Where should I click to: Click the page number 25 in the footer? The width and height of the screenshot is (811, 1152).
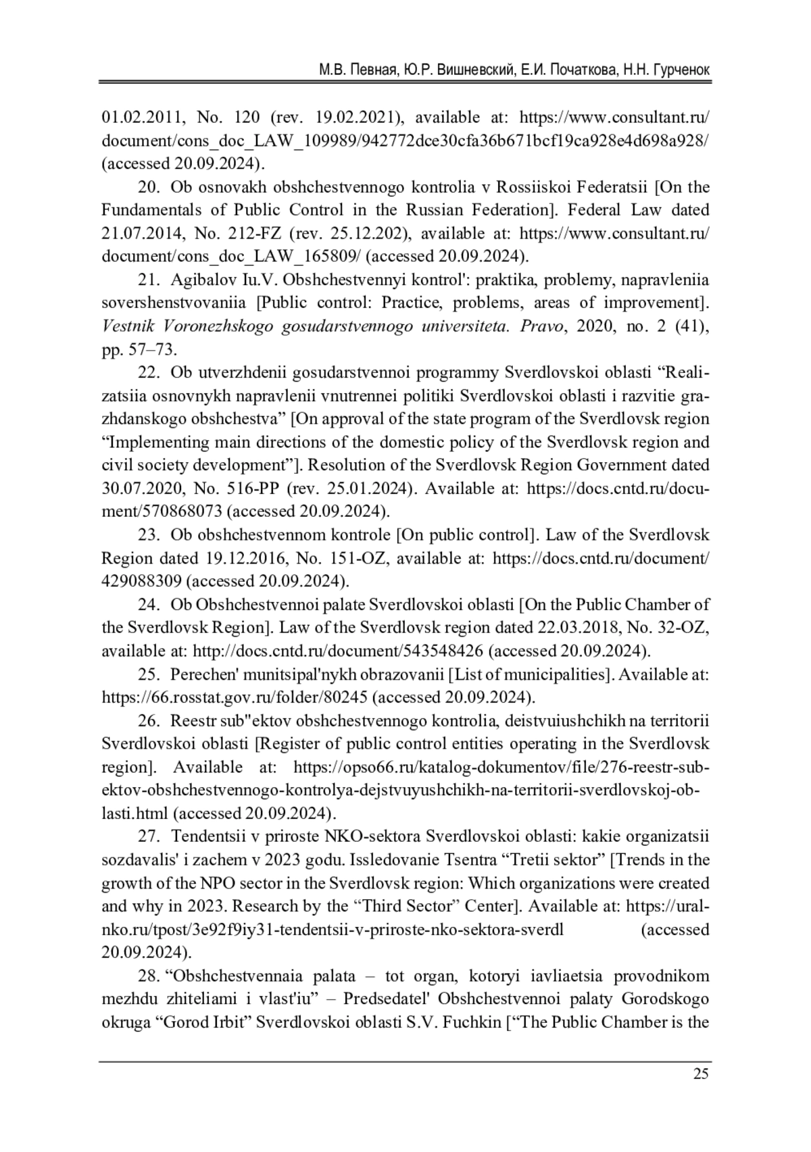point(701,1074)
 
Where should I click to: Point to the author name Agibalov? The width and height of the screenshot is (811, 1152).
point(203,280)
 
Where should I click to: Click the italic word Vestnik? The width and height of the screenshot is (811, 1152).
point(127,326)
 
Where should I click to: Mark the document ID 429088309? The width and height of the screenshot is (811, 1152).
point(141,582)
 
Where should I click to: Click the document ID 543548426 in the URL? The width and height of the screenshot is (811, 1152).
point(443,651)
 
